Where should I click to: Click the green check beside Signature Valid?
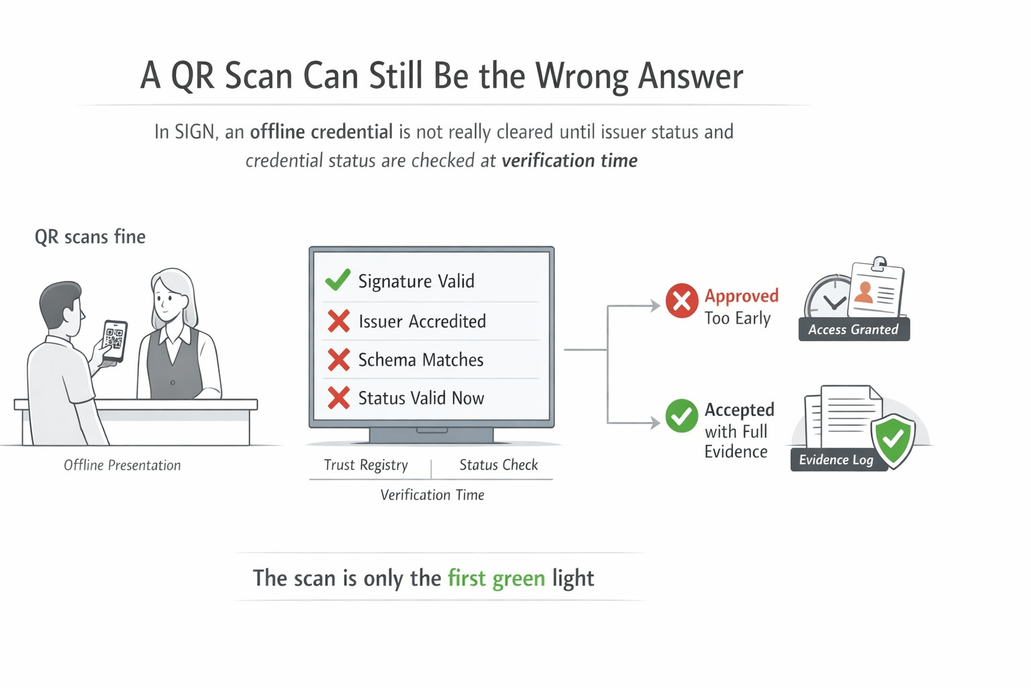(x=338, y=279)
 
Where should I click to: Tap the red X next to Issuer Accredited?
(x=338, y=320)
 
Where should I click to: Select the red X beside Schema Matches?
(x=338, y=359)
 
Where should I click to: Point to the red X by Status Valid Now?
(x=338, y=398)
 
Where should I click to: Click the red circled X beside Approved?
(x=681, y=300)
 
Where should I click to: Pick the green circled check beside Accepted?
(x=681, y=416)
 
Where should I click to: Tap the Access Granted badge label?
(x=853, y=329)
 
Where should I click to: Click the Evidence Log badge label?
(x=836, y=460)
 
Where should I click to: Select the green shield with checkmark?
(x=893, y=440)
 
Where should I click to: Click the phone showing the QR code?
(x=114, y=340)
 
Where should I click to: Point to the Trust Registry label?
(x=366, y=465)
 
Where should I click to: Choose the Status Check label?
(x=499, y=465)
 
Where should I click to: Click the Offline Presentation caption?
(x=122, y=465)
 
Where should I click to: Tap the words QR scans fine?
(x=90, y=236)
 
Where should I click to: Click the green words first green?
(x=496, y=578)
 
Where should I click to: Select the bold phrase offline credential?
(x=321, y=132)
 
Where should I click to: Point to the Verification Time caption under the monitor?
(x=432, y=495)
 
